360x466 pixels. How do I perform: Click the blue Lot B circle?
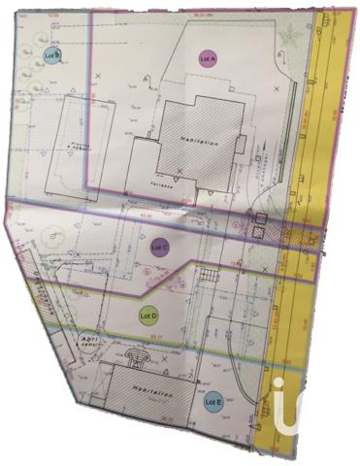pos(51,56)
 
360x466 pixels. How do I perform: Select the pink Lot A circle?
pos(207,58)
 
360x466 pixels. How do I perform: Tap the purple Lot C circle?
pos(160,248)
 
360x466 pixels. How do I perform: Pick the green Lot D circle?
pos(147,316)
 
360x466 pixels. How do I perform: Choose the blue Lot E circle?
pos(213,400)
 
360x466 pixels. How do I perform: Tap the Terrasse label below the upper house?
pos(161,181)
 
